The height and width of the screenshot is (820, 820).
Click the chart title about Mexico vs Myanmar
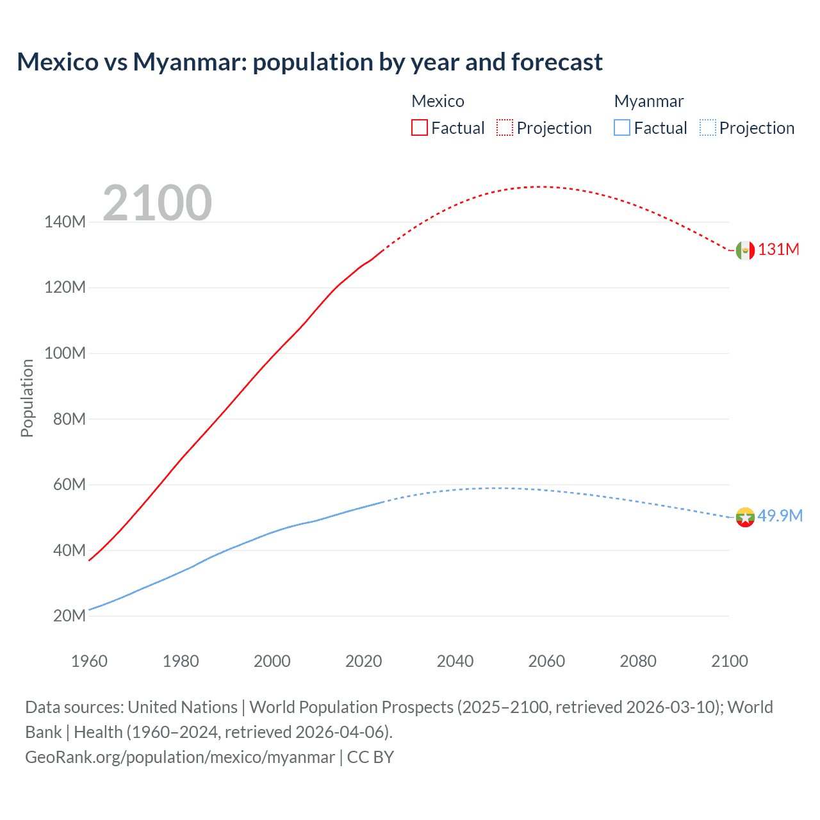pos(309,62)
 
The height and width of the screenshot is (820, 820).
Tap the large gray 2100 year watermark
pos(157,203)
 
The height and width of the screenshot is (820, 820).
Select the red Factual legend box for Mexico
pos(419,127)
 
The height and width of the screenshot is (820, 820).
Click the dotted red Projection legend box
pos(505,127)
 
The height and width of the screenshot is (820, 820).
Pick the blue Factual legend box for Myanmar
pos(622,127)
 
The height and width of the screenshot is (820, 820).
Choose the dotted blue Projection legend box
pos(708,127)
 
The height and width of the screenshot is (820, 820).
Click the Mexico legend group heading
pos(438,101)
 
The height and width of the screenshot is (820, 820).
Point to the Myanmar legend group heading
pos(648,101)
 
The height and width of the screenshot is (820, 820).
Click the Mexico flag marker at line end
pos(745,250)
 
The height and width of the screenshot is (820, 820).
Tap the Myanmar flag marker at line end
pos(745,517)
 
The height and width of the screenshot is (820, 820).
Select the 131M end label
pos(778,250)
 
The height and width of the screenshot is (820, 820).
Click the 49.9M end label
pos(780,516)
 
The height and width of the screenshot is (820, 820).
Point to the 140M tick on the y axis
pos(65,222)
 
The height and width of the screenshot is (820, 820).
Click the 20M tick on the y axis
pos(69,616)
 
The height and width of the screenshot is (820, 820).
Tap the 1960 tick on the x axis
pos(89,661)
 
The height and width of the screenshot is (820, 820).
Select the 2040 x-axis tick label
pos(455,661)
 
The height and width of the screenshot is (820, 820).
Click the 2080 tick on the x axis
pos(638,661)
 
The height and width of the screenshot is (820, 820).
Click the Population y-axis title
pos(27,398)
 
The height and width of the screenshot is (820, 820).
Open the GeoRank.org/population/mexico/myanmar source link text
pos(179,757)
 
